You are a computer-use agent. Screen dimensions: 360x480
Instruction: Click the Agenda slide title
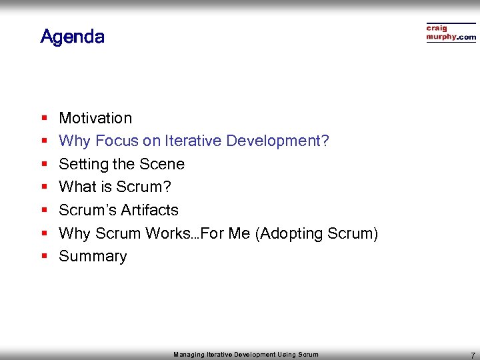coord(72,36)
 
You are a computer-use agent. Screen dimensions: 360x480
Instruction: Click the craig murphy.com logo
coord(451,33)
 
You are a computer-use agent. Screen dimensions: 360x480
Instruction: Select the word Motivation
coord(95,118)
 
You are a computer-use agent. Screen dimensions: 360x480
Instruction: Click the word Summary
coord(93,257)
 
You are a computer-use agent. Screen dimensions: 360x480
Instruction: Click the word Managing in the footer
coord(189,355)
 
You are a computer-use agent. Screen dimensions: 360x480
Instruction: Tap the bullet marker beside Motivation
coord(43,119)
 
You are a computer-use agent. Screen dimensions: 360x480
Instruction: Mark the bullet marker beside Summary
coord(43,257)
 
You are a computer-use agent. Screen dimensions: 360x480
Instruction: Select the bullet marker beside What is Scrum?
coord(43,187)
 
